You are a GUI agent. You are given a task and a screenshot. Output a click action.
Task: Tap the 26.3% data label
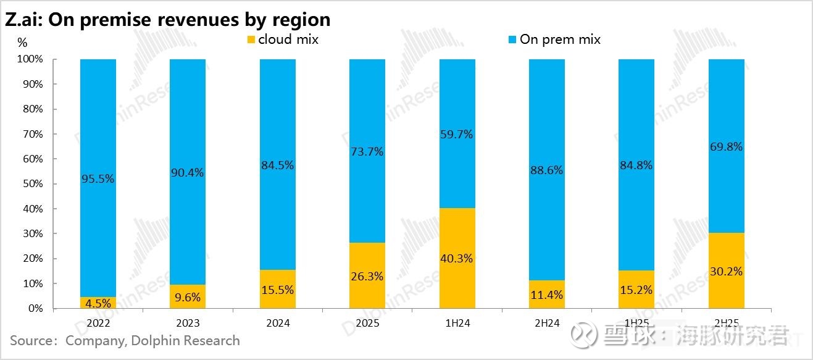(x=367, y=277)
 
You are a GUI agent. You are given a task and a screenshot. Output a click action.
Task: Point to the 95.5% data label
(x=98, y=179)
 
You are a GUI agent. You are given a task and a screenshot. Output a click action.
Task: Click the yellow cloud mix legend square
(x=251, y=40)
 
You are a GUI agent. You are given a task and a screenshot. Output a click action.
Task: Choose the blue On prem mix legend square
(x=512, y=40)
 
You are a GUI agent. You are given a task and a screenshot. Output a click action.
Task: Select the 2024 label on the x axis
(x=277, y=323)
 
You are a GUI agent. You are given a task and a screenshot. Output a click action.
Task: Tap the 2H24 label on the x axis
(x=546, y=323)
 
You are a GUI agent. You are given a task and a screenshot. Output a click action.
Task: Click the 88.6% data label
(x=546, y=170)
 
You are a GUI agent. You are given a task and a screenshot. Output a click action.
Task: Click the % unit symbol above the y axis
(x=22, y=43)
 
